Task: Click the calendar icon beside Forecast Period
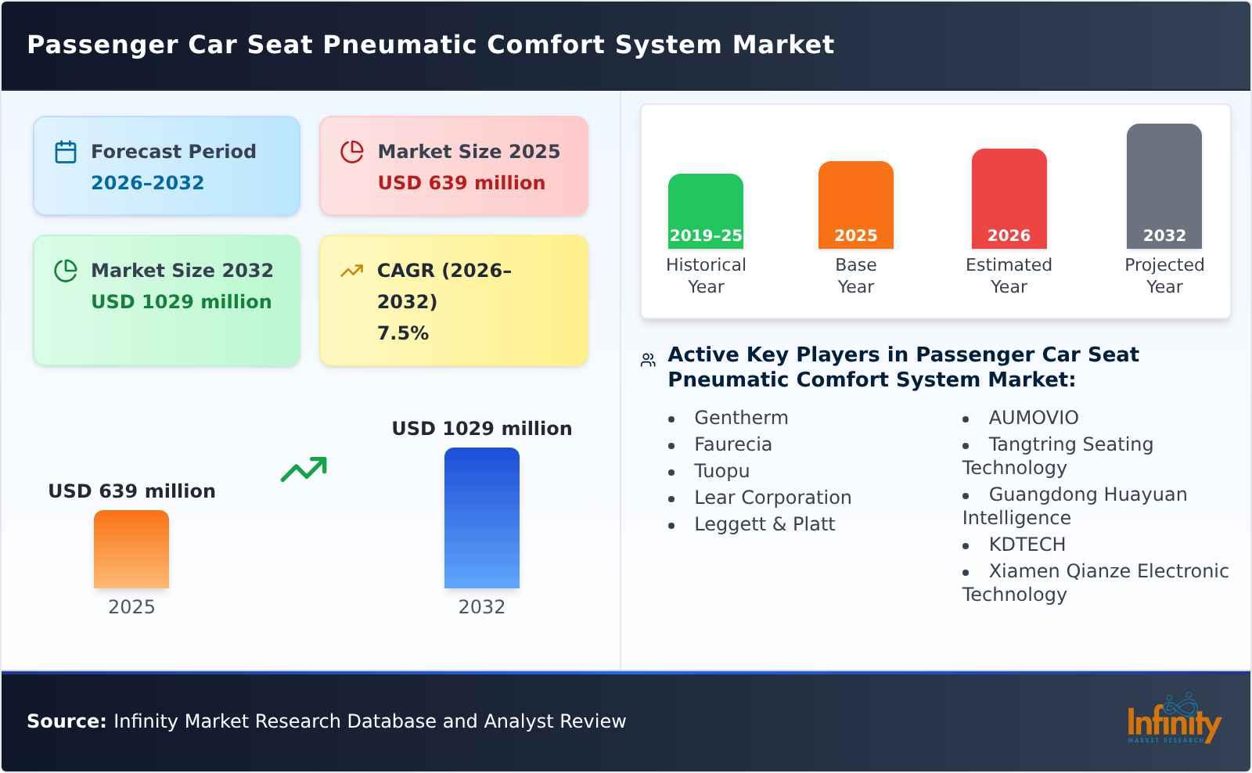tap(66, 152)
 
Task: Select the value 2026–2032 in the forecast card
tap(147, 183)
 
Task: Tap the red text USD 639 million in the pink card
tap(461, 183)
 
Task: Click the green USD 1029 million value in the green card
tap(181, 302)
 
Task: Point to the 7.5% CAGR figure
tap(402, 333)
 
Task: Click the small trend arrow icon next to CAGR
tap(351, 271)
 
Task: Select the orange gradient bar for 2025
tap(131, 549)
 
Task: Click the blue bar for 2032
tap(481, 518)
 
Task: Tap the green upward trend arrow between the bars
tap(304, 469)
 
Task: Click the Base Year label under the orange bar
tap(855, 275)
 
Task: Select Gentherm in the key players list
tap(740, 418)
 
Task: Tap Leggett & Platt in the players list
tap(764, 524)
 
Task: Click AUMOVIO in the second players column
tap(1033, 418)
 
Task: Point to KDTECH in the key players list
tap(1027, 545)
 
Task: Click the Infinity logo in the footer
tap(1173, 720)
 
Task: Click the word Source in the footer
tap(66, 721)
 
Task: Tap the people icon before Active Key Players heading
tap(648, 360)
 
